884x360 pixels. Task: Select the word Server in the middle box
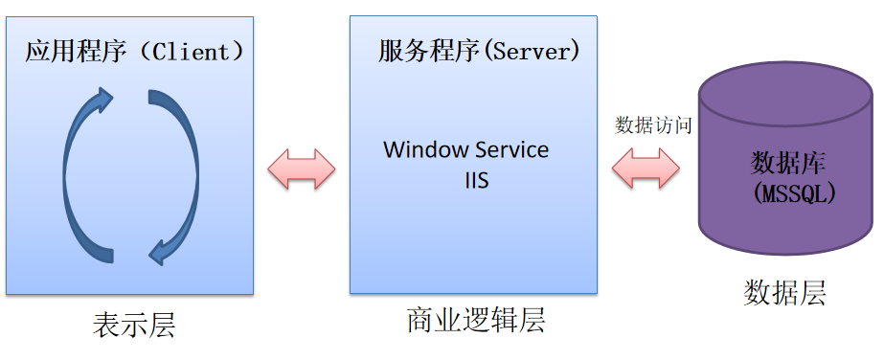(x=533, y=51)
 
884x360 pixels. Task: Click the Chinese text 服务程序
(x=428, y=51)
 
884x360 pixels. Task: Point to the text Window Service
(x=466, y=150)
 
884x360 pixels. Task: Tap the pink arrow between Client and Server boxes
(x=302, y=169)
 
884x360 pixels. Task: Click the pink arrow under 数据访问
(x=646, y=169)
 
